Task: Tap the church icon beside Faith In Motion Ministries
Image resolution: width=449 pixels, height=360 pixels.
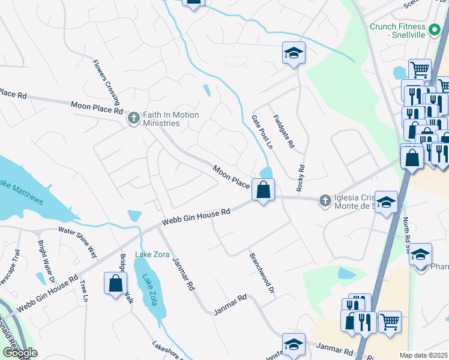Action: [133, 118]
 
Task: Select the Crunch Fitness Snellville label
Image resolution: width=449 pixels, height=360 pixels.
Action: [397, 31]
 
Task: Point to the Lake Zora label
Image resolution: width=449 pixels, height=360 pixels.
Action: [151, 254]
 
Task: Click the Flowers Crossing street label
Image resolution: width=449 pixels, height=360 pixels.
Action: [106, 79]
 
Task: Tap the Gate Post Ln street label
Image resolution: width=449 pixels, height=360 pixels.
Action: [262, 133]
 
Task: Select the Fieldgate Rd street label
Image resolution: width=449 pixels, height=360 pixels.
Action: [284, 132]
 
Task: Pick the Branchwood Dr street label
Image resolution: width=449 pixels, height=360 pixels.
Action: [262, 272]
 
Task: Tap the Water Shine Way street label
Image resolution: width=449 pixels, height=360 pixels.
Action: [77, 239]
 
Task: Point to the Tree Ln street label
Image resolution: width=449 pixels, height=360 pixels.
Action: [83, 290]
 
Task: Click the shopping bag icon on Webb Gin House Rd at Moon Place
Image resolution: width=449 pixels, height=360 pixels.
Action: [263, 190]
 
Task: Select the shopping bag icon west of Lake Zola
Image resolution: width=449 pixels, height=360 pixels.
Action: [115, 283]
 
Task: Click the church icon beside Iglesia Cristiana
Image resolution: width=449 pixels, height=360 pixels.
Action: [325, 200]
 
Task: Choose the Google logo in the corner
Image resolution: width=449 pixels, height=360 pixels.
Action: [19, 353]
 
